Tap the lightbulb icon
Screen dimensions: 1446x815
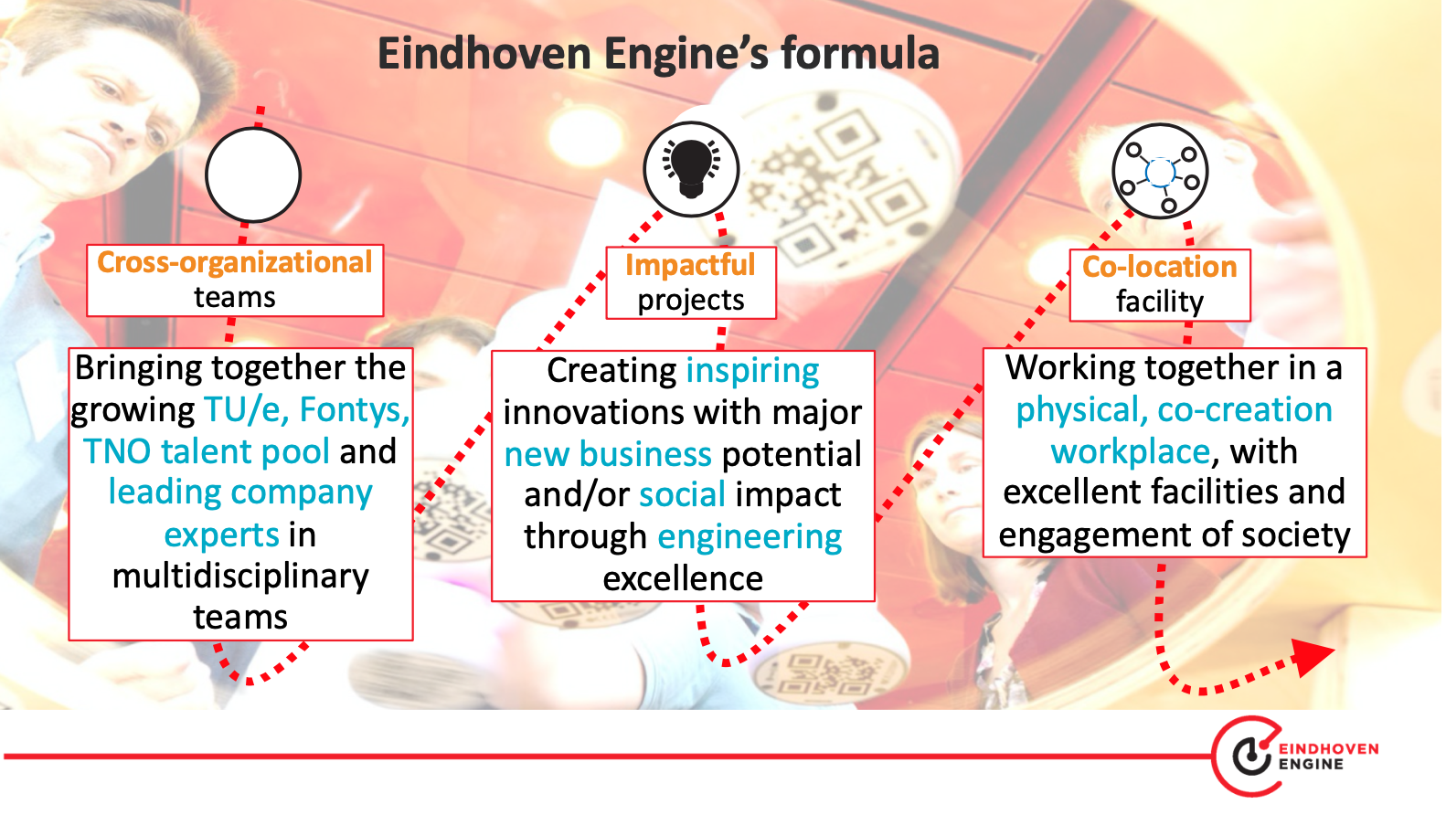coord(691,169)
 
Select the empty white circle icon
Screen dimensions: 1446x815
coord(253,175)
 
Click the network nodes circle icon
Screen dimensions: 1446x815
coord(1160,171)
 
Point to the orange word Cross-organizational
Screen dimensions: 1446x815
coord(235,262)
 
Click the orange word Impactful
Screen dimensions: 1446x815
coord(690,265)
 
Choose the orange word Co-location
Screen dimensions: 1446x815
coord(1159,267)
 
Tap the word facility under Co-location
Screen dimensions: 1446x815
coord(1160,302)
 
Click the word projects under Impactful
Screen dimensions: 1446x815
coord(691,300)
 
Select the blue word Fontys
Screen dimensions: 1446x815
coord(355,409)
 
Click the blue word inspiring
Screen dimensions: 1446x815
coord(752,371)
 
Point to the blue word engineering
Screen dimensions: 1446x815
coord(750,537)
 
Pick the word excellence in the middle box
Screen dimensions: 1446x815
coord(683,578)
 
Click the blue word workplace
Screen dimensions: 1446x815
coord(1131,451)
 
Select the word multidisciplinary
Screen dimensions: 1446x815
coord(240,577)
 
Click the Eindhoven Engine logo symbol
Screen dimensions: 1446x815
coord(1247,756)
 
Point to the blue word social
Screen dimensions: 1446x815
coord(683,495)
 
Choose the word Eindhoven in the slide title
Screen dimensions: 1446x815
coord(484,53)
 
